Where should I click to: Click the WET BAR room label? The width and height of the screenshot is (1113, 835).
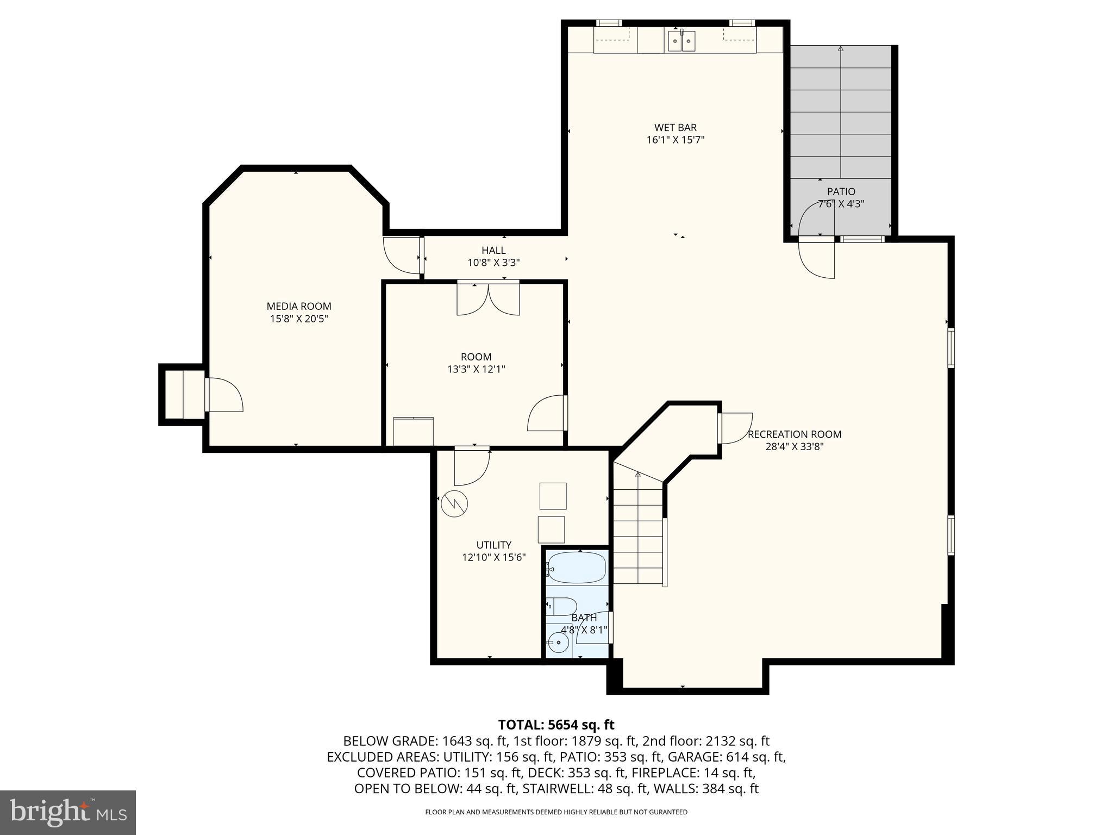coord(676,128)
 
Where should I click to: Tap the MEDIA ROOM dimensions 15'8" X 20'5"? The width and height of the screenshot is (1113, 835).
coord(299,319)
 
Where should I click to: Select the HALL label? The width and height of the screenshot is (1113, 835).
coord(493,250)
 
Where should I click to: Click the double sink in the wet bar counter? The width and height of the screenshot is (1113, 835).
coord(681,41)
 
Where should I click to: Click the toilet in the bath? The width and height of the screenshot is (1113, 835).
coord(562,606)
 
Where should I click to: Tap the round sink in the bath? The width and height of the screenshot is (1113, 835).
coord(558,643)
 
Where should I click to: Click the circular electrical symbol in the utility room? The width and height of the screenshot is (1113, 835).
coord(454,504)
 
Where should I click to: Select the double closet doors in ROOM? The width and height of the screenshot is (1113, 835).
coord(488,299)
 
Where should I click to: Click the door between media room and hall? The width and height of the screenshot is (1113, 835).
coord(403,256)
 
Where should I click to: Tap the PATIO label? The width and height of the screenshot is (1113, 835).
coord(841,191)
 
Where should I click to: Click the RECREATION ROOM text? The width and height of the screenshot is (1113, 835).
coord(795,434)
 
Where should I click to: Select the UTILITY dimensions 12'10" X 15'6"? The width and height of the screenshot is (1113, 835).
coord(493,557)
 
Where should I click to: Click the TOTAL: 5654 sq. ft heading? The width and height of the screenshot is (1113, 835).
coord(556,725)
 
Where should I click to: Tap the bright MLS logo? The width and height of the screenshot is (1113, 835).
coord(68,812)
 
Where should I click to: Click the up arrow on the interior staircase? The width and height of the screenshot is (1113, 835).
coord(638,475)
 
